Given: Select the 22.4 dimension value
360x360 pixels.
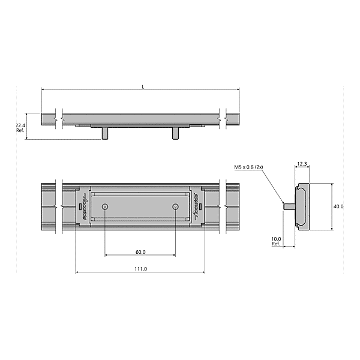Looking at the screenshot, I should point(20,125).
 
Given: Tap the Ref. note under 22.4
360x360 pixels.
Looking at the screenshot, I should point(20,130).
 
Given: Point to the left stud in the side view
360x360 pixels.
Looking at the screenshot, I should point(105,133).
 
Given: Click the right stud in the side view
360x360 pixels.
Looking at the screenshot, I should point(175,133).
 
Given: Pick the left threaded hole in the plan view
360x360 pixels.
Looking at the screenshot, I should point(105,206).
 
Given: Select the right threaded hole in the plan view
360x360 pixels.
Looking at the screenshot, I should point(175,206).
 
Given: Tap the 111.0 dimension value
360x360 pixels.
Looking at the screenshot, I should point(140,269).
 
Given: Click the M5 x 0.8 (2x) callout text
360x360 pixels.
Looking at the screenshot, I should point(250,168).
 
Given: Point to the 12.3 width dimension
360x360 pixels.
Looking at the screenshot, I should point(302,164).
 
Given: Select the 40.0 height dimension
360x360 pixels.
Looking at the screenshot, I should point(338,206).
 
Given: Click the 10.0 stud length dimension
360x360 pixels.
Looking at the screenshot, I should point(276,239).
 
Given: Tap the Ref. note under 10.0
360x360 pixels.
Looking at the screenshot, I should point(276,244).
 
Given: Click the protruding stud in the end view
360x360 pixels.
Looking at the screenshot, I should point(289,207).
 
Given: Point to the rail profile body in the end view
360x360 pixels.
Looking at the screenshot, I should point(302,207).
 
